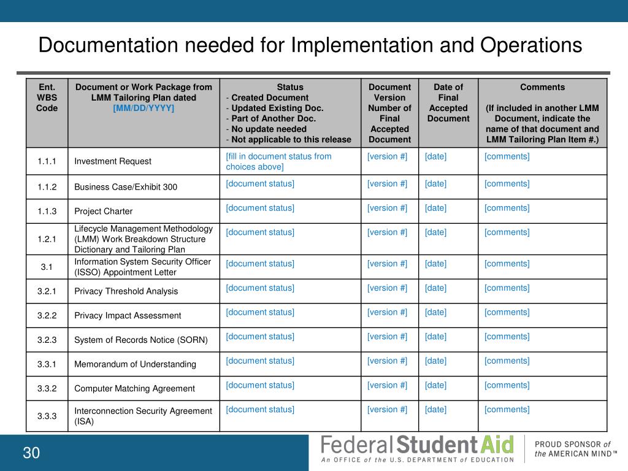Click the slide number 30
31,453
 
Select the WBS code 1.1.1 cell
47,161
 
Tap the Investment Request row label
113,161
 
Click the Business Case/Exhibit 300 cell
126,186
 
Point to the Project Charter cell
104,211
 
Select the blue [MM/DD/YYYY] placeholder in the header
144,108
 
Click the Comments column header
542,87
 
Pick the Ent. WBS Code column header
47,98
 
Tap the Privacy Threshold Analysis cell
126,291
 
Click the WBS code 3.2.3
47,340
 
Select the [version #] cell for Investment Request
387,156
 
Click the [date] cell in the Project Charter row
435,208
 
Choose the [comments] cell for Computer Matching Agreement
507,385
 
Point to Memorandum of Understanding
135,364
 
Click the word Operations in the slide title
530,45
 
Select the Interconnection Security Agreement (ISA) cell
143,416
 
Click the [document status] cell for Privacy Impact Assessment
260,312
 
